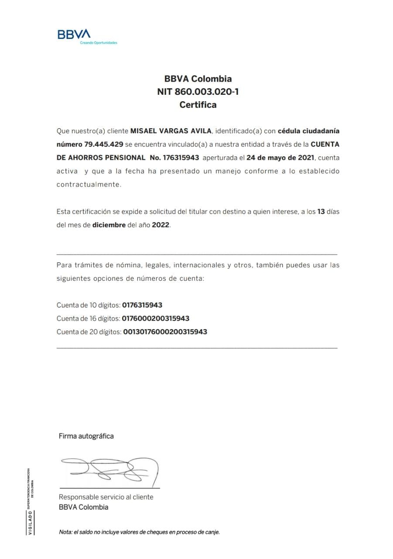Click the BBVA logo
pyautogui.click(x=74, y=35)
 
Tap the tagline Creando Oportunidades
pyautogui.click(x=99, y=43)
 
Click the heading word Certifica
pyautogui.click(x=198, y=105)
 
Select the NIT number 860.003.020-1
pyautogui.click(x=207, y=92)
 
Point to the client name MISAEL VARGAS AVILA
pyautogui.click(x=171, y=131)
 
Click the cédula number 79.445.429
pyautogui.click(x=101, y=144)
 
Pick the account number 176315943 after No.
pyautogui.click(x=181, y=157)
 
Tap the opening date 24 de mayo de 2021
pyautogui.click(x=280, y=157)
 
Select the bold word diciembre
pyautogui.click(x=109, y=225)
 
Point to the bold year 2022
pyautogui.click(x=161, y=225)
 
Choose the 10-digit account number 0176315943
pyautogui.click(x=142, y=305)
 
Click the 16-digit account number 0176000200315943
pyautogui.click(x=156, y=318)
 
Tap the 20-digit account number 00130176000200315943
pyautogui.click(x=165, y=331)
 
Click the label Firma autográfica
pyautogui.click(x=86, y=436)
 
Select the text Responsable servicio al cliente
pyautogui.click(x=106, y=497)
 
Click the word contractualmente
pyautogui.click(x=88, y=184)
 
